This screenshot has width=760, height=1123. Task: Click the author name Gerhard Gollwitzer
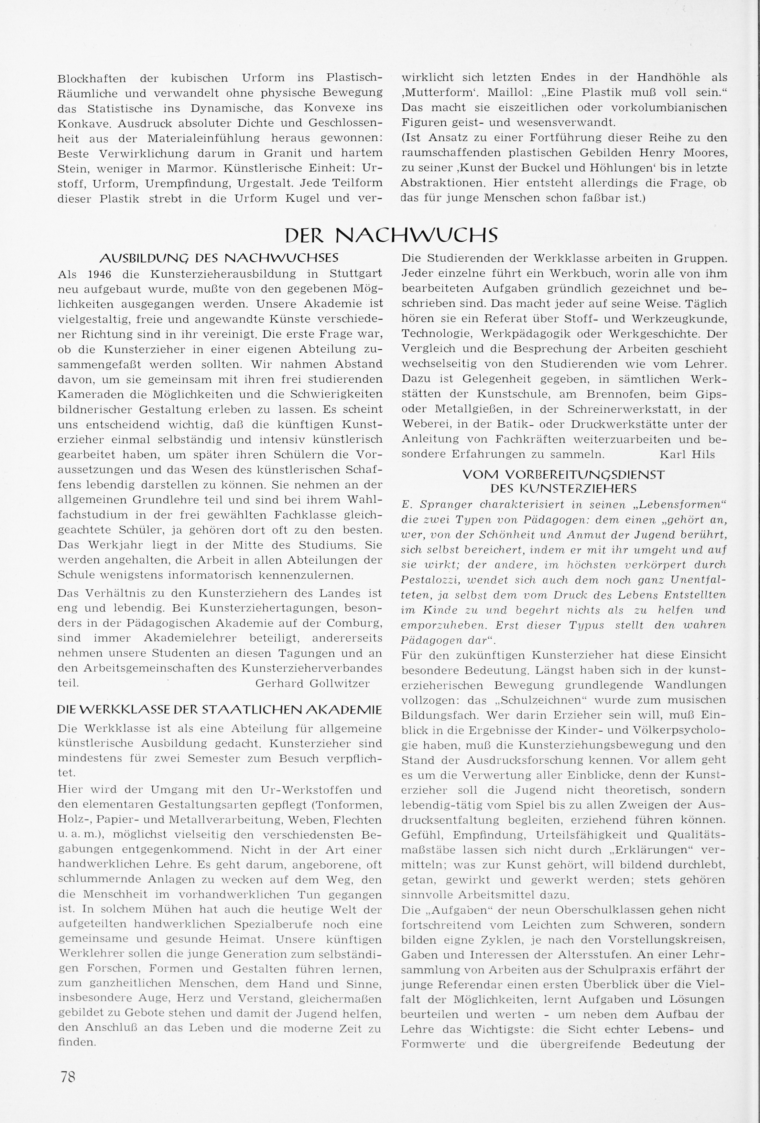(312, 683)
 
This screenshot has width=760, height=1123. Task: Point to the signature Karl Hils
(687, 454)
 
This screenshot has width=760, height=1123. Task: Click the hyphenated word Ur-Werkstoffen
(319, 790)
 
